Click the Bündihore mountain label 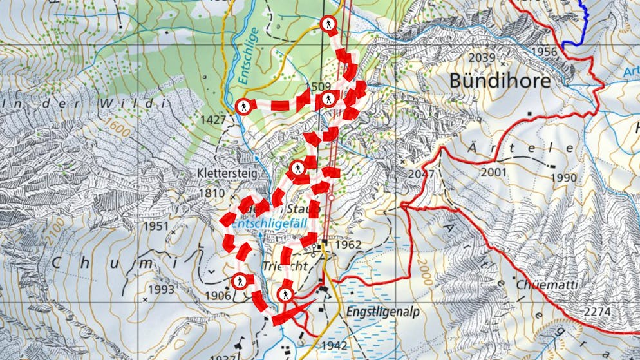click(x=500, y=81)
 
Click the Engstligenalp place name click(x=384, y=312)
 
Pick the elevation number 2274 click(x=598, y=312)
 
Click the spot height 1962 click(x=348, y=245)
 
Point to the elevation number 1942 click(x=334, y=346)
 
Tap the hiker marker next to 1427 click(x=243, y=106)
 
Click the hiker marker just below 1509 click(x=328, y=99)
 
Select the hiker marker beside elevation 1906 click(x=239, y=281)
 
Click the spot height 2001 click(x=493, y=172)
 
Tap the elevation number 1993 click(x=162, y=289)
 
